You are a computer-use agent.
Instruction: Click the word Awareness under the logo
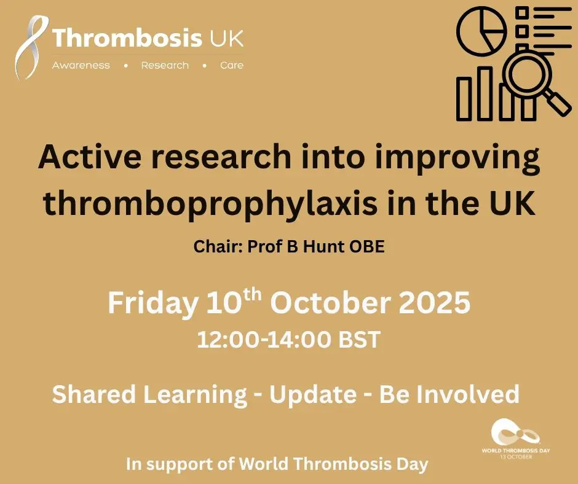(81, 66)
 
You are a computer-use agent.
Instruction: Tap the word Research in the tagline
(165, 66)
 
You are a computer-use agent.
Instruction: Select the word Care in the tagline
(232, 66)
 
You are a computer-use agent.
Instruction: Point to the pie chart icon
(481, 31)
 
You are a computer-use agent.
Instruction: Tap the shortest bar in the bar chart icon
(464, 99)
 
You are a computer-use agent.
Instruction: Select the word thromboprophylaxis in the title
(210, 204)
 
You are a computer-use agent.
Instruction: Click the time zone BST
(360, 339)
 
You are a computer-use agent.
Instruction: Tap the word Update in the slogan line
(313, 395)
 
